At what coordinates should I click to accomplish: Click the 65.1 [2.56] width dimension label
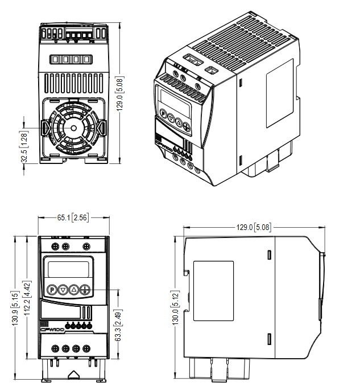[x=72, y=217]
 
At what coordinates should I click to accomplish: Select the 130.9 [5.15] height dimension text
[x=15, y=308]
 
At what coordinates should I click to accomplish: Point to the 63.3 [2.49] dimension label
[x=118, y=323]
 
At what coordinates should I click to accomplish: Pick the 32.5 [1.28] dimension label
[x=24, y=146]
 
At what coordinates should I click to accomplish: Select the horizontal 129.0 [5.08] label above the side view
[x=254, y=227]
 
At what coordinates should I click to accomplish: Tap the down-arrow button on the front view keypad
[x=63, y=289]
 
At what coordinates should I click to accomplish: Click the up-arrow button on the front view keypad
[x=74, y=289]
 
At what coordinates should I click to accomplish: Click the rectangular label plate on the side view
[x=214, y=288]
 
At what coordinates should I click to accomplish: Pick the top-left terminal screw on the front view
[x=55, y=246]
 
